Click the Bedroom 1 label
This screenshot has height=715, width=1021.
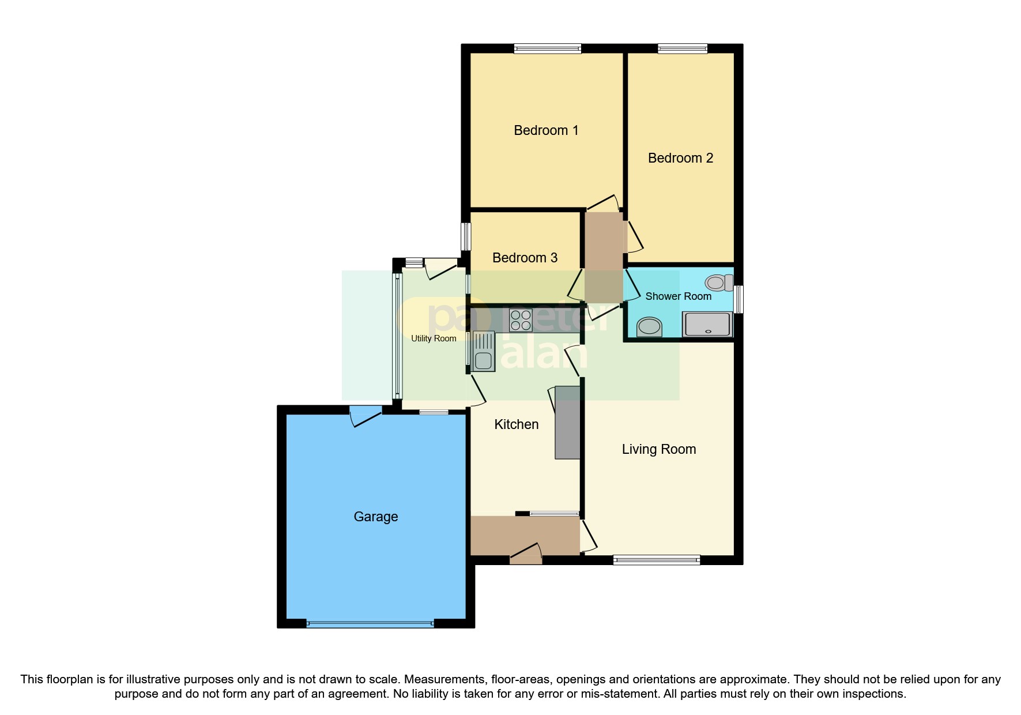(546, 131)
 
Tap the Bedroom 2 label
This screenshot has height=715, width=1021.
(680, 159)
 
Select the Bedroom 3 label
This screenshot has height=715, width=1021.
(525, 258)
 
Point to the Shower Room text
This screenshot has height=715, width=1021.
(678, 296)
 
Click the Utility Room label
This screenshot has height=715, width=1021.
(434, 338)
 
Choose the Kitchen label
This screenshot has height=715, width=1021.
(517, 425)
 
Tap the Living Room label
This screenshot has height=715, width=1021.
(659, 450)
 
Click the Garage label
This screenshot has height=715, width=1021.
(376, 517)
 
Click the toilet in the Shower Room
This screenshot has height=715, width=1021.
(718, 283)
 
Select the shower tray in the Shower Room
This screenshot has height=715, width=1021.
(707, 324)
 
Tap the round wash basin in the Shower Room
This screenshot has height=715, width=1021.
(650, 326)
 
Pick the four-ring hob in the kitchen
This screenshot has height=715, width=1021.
(521, 321)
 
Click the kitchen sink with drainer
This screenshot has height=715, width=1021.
(483, 351)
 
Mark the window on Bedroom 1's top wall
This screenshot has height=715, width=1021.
(548, 49)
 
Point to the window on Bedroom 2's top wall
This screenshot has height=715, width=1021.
(683, 49)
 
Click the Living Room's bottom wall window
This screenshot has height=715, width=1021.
(657, 559)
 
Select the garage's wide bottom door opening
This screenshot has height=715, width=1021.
(370, 623)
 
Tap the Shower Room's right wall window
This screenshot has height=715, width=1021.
(739, 299)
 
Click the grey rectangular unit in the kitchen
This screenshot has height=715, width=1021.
(567, 422)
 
